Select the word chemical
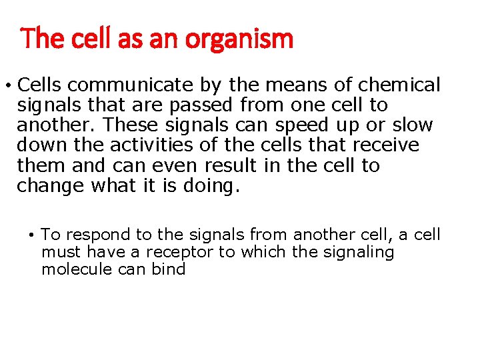pos(399,85)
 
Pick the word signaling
pos(354,252)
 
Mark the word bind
pos(169,269)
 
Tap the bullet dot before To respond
pos(31,235)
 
